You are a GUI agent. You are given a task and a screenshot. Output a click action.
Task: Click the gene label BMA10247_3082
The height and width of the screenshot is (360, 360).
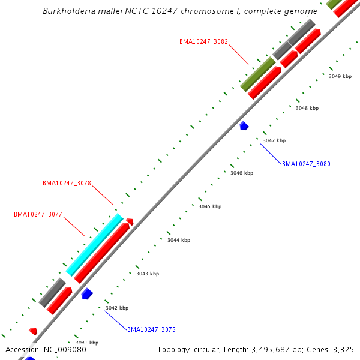203,42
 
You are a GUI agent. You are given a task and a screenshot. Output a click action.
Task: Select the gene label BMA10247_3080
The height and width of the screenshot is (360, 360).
306,164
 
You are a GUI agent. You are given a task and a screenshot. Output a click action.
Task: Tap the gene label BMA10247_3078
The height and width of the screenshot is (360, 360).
67,184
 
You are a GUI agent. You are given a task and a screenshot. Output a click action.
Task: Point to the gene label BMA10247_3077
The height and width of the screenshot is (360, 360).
38,214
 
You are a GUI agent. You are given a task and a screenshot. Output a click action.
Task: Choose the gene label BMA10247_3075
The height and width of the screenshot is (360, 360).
151,330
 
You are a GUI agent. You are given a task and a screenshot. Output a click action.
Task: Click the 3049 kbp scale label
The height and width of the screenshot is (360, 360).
340,76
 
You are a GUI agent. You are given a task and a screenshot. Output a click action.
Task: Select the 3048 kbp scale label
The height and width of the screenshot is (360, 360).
307,108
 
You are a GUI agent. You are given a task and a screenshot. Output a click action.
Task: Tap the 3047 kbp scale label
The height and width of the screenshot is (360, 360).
274,140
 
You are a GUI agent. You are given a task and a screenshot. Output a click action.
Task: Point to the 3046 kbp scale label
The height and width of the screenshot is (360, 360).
242,173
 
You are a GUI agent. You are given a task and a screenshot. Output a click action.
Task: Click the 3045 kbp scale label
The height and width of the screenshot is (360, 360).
210,206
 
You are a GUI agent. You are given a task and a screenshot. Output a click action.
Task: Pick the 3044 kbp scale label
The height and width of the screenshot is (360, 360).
179,240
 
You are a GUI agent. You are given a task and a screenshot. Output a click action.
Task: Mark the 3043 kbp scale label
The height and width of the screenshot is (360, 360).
148,274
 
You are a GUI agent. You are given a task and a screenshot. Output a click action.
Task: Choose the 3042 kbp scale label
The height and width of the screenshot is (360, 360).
117,308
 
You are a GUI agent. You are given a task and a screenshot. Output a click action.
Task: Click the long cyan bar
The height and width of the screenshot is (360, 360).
94,245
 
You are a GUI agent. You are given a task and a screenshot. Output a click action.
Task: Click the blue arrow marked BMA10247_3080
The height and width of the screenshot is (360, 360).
244,126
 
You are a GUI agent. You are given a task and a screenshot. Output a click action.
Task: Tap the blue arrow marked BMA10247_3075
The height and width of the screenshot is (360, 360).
87,293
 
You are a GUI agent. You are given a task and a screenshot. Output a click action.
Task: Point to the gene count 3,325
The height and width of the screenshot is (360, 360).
341,350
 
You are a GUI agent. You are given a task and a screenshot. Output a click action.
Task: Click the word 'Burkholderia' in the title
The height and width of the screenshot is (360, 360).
69,11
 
